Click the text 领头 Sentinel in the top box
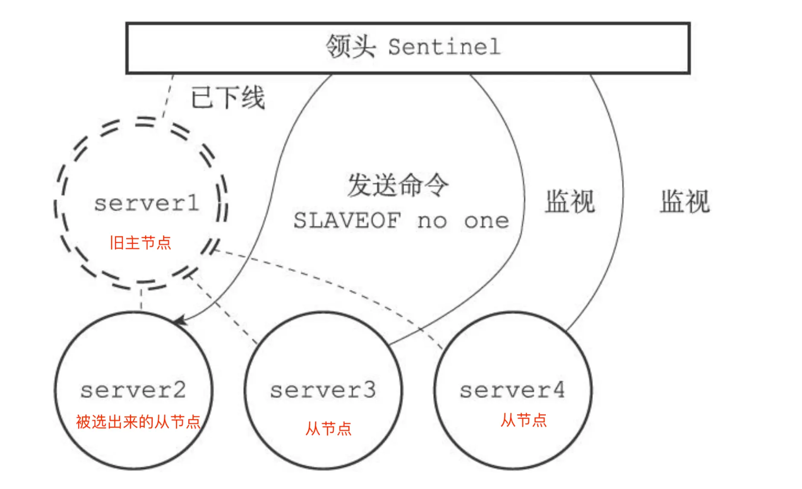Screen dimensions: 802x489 click(413, 47)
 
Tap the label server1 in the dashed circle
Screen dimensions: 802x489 click(147, 203)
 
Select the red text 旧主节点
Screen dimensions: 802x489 click(140, 243)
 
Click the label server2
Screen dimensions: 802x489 click(133, 390)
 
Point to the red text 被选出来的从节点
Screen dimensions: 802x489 click(138, 422)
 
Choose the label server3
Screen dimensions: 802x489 click(323, 390)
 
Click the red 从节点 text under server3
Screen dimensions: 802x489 click(328, 428)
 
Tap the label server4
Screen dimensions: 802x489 click(512, 390)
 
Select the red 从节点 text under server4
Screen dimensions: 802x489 click(524, 420)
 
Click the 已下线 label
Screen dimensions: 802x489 click(228, 98)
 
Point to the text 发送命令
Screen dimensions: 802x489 click(398, 185)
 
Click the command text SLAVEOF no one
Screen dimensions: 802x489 click(401, 220)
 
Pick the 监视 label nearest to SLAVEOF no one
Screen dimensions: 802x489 click(570, 202)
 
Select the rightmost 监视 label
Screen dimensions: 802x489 click(685, 202)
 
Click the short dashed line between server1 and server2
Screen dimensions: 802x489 click(141, 299)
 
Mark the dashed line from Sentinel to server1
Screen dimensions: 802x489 click(168, 96)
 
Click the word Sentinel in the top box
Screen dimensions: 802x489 click(444, 47)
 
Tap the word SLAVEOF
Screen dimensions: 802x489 click(346, 220)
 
